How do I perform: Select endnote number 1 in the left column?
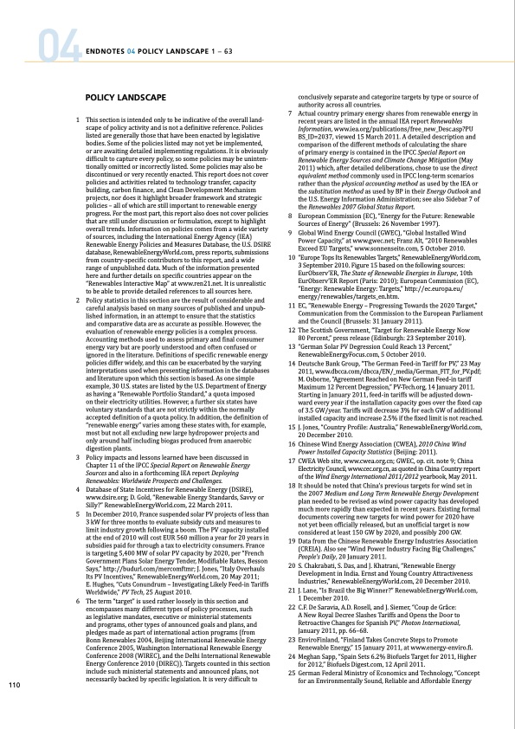80,119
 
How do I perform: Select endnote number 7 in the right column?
289,113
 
